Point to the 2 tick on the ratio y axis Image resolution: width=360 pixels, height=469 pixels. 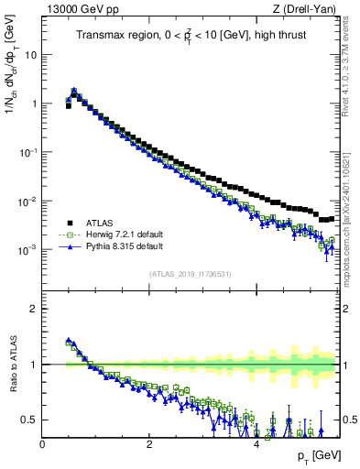[35, 309]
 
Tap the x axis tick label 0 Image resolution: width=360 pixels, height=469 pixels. [43, 444]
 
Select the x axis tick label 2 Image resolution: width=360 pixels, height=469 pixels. [149, 444]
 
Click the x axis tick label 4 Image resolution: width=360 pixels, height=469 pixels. [256, 444]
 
